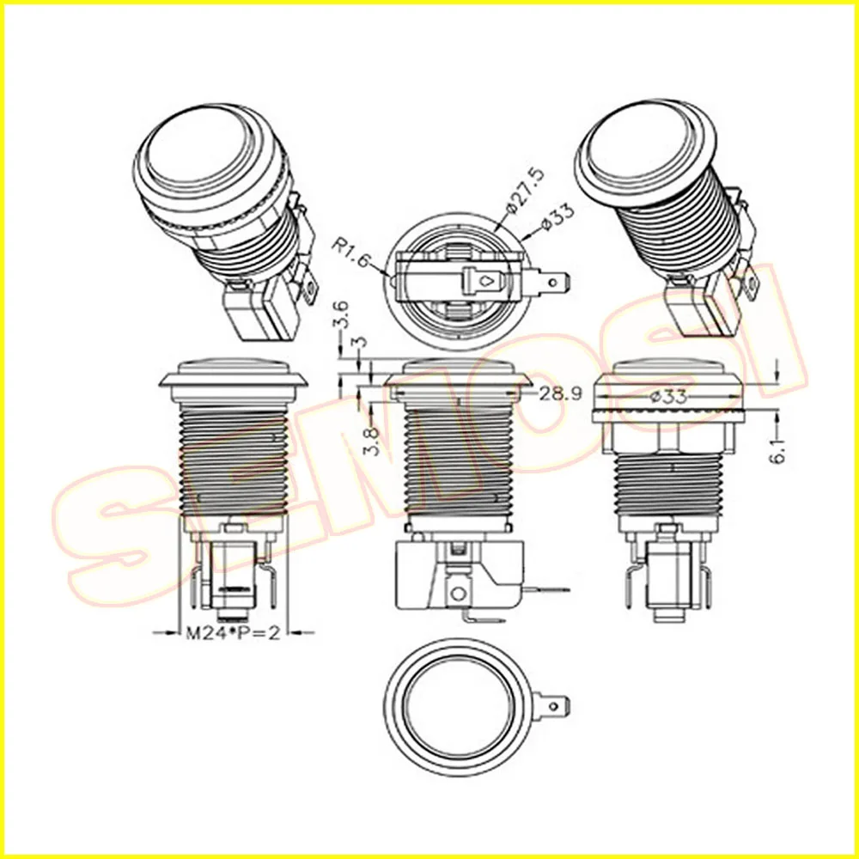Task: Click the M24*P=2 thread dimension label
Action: (x=234, y=633)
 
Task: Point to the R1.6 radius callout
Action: (x=350, y=253)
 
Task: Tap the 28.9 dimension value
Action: (x=560, y=394)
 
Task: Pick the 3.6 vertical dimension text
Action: (x=341, y=314)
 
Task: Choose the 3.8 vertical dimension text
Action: (x=371, y=442)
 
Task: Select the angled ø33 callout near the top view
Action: (x=557, y=216)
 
